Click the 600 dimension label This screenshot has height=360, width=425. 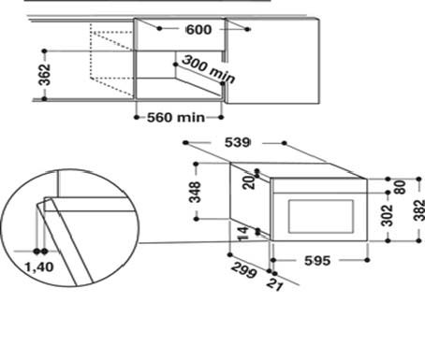[198, 30]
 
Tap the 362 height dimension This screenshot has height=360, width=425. [44, 75]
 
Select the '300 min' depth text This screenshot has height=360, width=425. [208, 69]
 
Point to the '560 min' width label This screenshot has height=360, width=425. [176, 118]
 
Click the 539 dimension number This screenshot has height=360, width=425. [237, 142]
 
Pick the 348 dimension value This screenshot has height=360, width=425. [196, 192]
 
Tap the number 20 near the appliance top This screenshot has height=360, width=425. [249, 182]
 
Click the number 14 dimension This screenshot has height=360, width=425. [243, 234]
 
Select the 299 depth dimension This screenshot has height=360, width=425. [244, 270]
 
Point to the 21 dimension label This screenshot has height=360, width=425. [274, 284]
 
